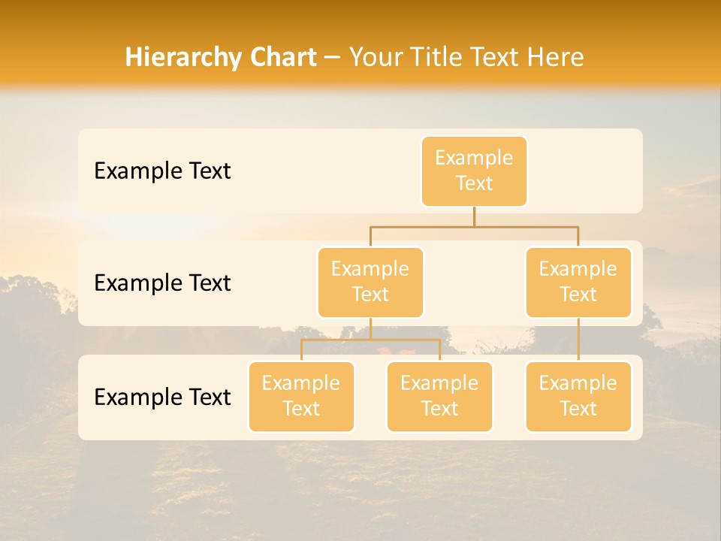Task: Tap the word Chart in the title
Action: [279, 58]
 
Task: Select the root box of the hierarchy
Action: [474, 171]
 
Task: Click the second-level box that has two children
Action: [370, 282]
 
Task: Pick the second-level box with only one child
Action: [578, 282]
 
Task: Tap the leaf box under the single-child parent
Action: [578, 396]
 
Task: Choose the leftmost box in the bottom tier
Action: [301, 396]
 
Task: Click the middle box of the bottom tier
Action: [439, 396]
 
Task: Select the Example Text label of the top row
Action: [162, 171]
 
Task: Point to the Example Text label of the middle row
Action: [162, 283]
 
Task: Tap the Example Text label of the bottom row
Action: [162, 397]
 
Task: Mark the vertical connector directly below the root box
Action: [474, 216]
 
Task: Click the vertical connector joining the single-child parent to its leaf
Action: [578, 340]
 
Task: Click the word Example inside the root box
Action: [474, 158]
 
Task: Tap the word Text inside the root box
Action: [474, 183]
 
